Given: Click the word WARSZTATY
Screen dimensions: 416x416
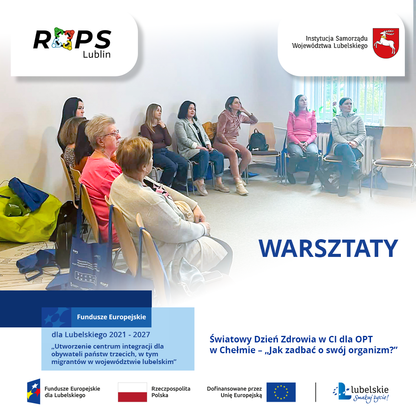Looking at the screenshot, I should click(x=328, y=248).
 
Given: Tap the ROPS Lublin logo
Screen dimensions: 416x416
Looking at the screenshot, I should click(x=72, y=42).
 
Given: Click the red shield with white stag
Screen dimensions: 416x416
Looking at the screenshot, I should click(x=386, y=43).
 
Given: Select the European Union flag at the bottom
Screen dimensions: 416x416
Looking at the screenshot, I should click(x=281, y=392).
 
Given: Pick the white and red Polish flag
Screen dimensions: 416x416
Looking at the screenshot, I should click(x=132, y=392).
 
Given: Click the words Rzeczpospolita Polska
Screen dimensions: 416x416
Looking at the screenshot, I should click(x=171, y=392).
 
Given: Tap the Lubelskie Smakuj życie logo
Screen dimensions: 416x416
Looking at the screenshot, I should click(x=361, y=393).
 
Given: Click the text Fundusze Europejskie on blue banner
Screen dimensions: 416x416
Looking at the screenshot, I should click(x=111, y=317).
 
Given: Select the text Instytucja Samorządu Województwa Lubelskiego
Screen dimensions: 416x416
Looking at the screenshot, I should click(x=330, y=42).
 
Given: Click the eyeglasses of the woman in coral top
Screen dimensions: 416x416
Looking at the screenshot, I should click(x=112, y=134).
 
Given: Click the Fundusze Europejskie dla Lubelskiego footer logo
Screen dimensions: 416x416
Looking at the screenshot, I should click(x=64, y=392).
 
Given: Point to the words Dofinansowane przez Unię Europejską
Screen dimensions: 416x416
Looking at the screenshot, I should click(x=234, y=392).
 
